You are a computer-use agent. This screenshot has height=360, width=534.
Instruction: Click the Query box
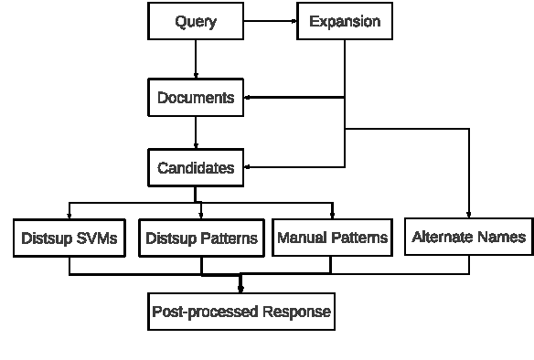pyautogui.click(x=196, y=21)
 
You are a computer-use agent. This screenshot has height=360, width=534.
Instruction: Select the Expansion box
pyautogui.click(x=345, y=21)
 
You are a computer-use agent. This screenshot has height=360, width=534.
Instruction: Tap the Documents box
pyautogui.click(x=196, y=97)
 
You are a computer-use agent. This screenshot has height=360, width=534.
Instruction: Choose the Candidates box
pyautogui.click(x=196, y=168)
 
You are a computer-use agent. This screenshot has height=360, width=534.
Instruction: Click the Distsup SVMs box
pyautogui.click(x=70, y=238)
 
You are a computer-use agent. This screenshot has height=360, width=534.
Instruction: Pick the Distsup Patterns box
pyautogui.click(x=200, y=238)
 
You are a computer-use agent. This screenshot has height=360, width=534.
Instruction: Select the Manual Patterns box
pyautogui.click(x=332, y=238)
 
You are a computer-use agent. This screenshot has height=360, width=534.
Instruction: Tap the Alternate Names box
pyautogui.click(x=469, y=237)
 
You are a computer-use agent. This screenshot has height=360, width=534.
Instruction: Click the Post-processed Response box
pyautogui.click(x=240, y=312)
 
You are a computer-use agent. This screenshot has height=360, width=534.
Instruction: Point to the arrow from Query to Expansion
pyautogui.click(x=271, y=21)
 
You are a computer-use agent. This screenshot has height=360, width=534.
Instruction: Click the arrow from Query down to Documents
pyautogui.click(x=196, y=59)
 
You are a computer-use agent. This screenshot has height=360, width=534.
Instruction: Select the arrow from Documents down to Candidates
pyautogui.click(x=196, y=132)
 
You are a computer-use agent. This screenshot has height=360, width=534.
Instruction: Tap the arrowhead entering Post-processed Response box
pyautogui.click(x=240, y=288)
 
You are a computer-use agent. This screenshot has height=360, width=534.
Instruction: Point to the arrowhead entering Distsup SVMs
pyautogui.click(x=70, y=215)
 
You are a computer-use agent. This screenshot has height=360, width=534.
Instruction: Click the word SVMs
pyautogui.click(x=97, y=238)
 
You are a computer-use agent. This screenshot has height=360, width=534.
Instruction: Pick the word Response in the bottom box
pyautogui.click(x=296, y=312)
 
